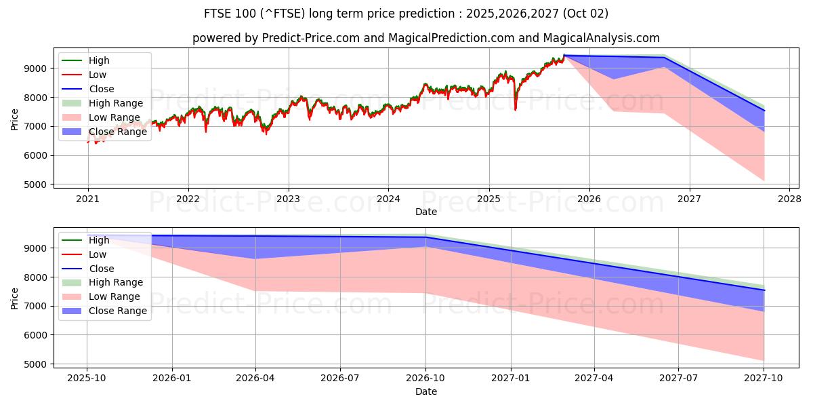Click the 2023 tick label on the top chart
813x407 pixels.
click(x=288, y=199)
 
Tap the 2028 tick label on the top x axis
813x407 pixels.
click(x=789, y=199)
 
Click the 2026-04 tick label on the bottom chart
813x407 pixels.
click(x=256, y=379)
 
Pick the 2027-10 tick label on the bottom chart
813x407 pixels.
click(x=764, y=379)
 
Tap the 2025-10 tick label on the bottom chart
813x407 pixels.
click(x=87, y=379)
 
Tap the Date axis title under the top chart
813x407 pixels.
click(x=426, y=212)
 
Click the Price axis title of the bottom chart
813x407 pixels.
click(x=15, y=296)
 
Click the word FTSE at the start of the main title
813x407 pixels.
click(x=219, y=14)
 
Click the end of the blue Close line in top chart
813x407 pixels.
click(x=764, y=111)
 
